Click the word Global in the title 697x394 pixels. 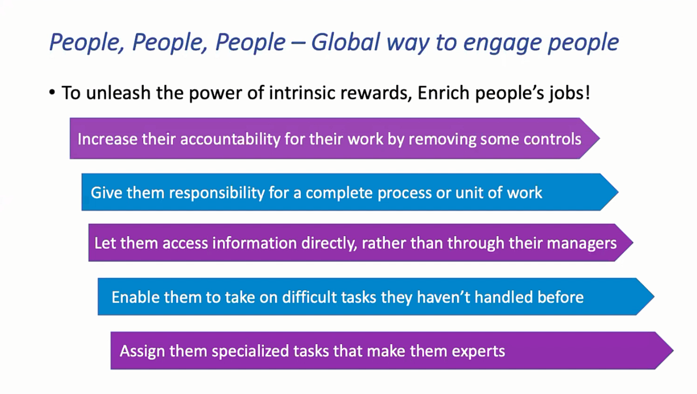(346, 42)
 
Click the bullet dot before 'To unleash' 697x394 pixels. (52, 93)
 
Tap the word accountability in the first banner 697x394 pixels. (230, 139)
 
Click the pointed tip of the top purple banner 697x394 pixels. (599, 138)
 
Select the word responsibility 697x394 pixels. (216, 193)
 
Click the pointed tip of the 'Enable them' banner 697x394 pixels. (654, 297)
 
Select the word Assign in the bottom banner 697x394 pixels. (142, 351)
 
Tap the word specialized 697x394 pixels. (250, 351)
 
